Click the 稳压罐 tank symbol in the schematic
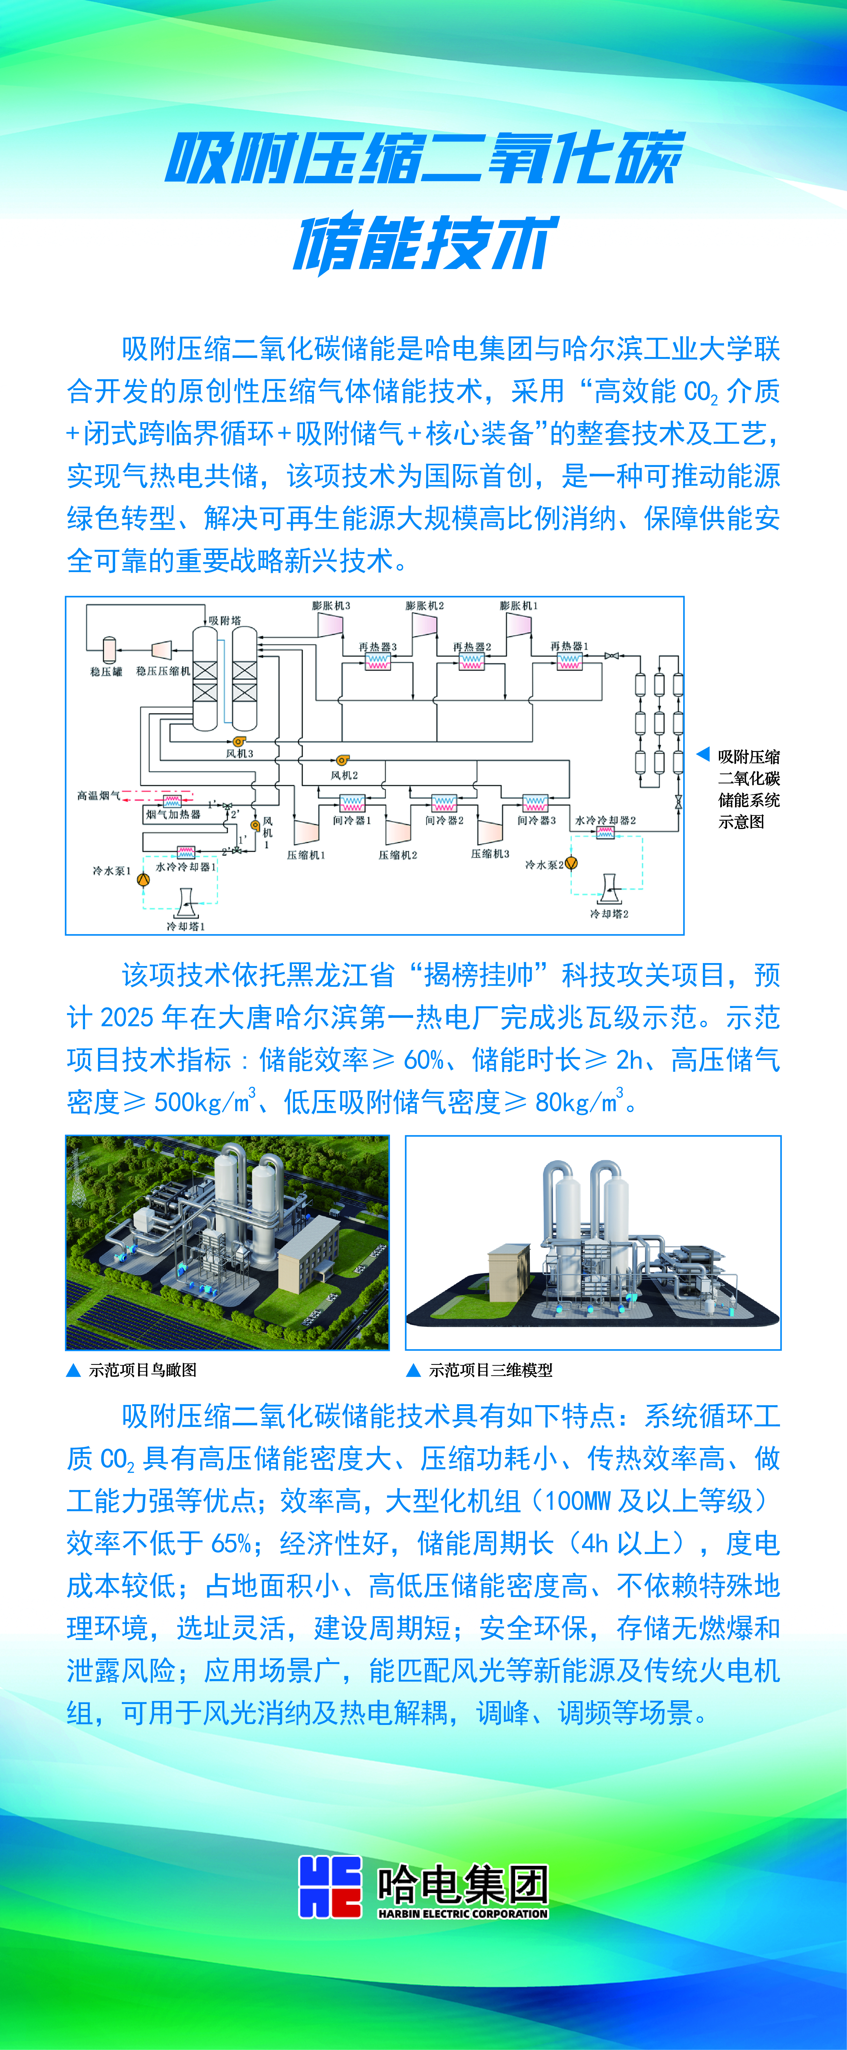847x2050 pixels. pyautogui.click(x=109, y=649)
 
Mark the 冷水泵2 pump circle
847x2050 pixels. pyautogui.click(x=571, y=863)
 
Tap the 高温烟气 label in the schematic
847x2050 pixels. pyautogui.click(x=99, y=795)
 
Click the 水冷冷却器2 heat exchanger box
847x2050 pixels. pyautogui.click(x=605, y=832)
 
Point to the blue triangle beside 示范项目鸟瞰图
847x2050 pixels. pyautogui.click(x=73, y=1370)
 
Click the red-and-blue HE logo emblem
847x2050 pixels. pyautogui.click(x=330, y=1886)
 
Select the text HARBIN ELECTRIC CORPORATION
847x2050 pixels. pyautogui.click(x=463, y=1913)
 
